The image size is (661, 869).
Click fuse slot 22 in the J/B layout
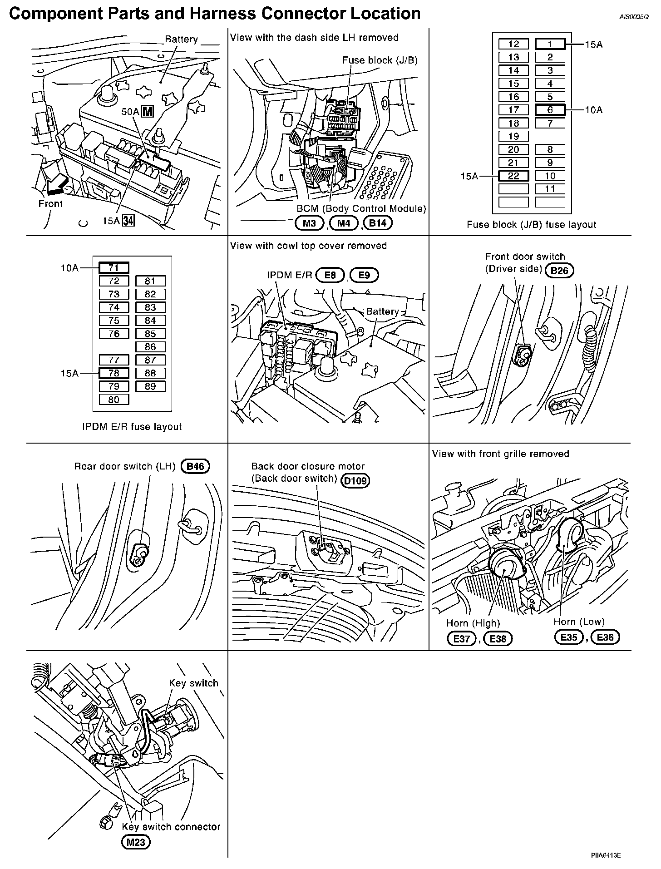click(513, 176)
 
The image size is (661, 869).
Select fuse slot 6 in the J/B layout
click(550, 110)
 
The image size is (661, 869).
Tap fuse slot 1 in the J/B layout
click(550, 44)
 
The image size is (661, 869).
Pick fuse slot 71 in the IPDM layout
click(113, 268)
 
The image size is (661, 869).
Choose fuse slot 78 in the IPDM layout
click(113, 373)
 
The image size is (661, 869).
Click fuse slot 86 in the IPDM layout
click(150, 347)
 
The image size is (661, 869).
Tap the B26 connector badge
click(559, 271)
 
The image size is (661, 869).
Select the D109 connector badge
click(355, 481)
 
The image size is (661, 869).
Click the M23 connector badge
click(136, 842)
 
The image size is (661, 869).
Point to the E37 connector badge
click(462, 639)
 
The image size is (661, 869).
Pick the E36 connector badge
click(605, 637)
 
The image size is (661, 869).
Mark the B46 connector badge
click(195, 467)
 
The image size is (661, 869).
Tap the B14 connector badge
click(378, 222)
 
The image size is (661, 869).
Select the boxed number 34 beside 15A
click(129, 221)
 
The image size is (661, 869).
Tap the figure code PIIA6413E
click(606, 855)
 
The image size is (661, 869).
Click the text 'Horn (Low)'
click(579, 622)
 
